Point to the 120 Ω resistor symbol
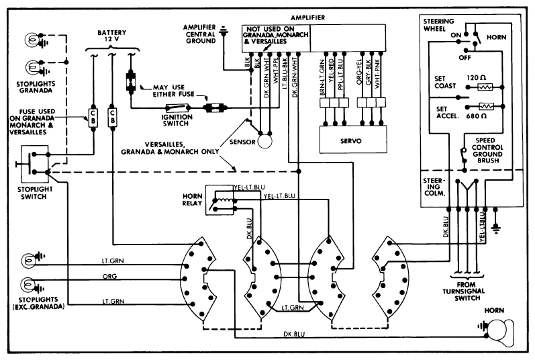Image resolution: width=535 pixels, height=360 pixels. (x=484, y=87)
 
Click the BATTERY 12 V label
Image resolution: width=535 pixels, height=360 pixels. (x=111, y=36)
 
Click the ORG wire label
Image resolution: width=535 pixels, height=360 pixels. (x=110, y=276)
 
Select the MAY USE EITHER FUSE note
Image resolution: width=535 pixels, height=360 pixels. (x=170, y=91)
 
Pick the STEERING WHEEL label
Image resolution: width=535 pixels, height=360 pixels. (x=440, y=25)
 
